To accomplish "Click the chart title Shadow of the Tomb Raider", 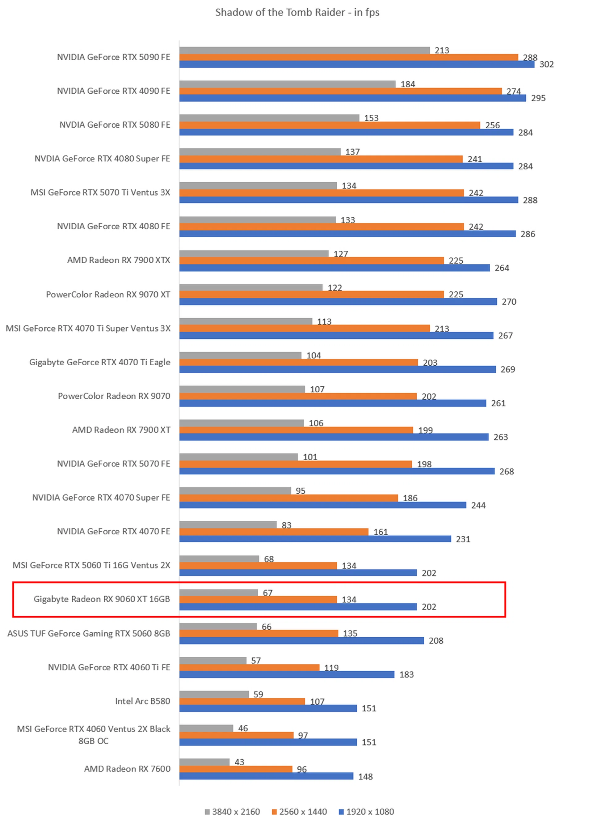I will (297, 13).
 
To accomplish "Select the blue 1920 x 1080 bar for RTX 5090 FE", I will (356, 64).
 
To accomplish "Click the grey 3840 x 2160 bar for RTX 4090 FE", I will (287, 84).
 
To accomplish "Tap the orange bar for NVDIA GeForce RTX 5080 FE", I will (330, 125).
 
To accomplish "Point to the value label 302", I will (546, 64).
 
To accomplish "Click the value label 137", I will (352, 152).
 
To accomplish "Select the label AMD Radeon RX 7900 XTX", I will (119, 260).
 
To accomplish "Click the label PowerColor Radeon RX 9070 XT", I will (108, 295).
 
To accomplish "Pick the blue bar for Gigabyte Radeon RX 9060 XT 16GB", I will (298, 607).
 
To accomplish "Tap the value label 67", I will (267, 593).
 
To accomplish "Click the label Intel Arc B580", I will (142, 701).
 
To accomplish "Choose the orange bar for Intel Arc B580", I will (242, 701).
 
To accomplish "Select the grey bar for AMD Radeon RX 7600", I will (204, 762).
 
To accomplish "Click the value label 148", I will (365, 777).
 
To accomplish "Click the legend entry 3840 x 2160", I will (232, 812).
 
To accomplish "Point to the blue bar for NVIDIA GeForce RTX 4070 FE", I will (315, 539).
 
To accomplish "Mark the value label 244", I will (478, 505).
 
